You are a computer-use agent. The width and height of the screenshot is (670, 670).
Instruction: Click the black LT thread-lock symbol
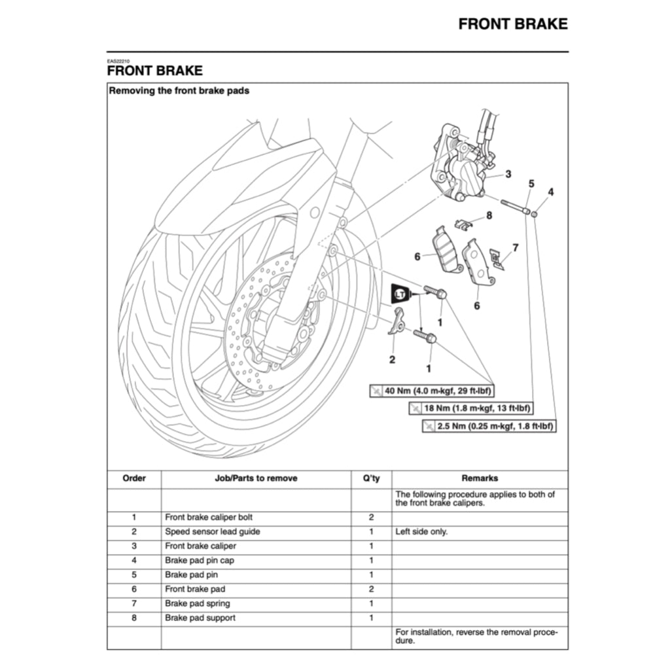(x=400, y=294)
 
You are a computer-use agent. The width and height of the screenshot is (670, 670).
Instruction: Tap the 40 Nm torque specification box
(x=432, y=391)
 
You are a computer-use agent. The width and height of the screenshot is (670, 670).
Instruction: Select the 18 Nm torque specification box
(x=470, y=409)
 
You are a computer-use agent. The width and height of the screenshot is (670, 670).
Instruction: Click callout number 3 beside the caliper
(x=508, y=174)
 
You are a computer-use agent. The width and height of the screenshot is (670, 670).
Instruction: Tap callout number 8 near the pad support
(x=489, y=215)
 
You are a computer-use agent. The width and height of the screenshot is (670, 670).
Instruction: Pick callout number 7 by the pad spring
(x=515, y=247)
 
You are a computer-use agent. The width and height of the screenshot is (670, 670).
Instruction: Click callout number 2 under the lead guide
(x=392, y=359)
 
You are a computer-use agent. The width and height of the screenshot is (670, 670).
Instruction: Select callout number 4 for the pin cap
(x=551, y=192)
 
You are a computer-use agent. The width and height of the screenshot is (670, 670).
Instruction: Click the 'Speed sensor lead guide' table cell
(x=212, y=531)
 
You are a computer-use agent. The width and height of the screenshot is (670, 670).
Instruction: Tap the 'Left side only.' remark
(x=421, y=531)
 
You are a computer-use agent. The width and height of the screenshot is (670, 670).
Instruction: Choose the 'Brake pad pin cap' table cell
(x=200, y=560)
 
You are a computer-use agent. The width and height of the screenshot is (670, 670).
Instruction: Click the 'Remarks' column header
(x=480, y=478)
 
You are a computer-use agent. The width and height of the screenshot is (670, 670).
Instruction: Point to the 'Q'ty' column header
(x=371, y=478)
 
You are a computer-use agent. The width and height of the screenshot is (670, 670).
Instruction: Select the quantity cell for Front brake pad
(x=371, y=589)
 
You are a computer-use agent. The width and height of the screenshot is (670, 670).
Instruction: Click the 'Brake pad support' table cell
(x=200, y=618)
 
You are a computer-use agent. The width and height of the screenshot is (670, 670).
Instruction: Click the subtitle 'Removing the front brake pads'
(x=179, y=91)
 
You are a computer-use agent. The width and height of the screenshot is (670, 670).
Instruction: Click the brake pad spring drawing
(x=498, y=259)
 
